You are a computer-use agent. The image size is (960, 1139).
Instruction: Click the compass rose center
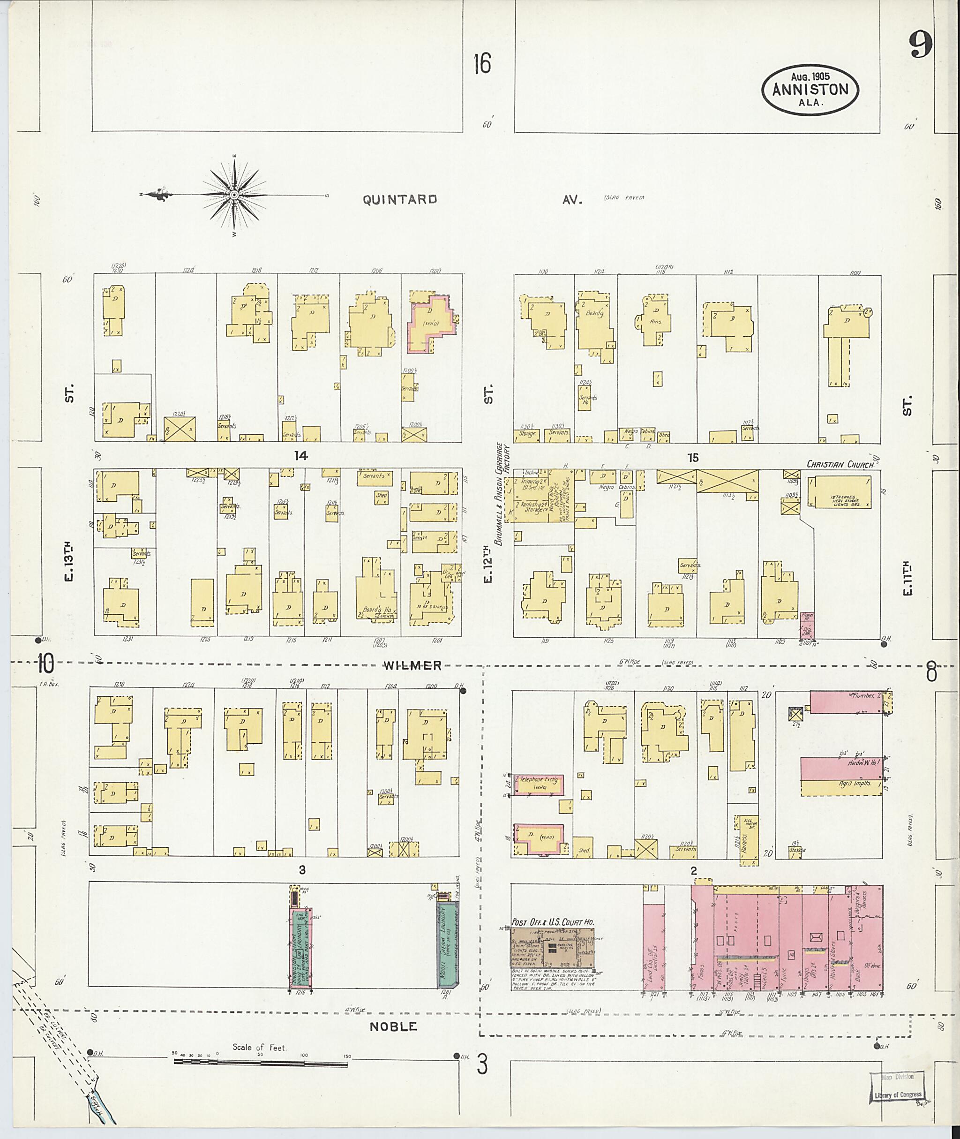coord(234,195)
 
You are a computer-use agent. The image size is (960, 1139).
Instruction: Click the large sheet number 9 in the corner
coord(920,44)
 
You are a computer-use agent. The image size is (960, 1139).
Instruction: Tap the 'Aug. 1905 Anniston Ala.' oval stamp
coord(810,91)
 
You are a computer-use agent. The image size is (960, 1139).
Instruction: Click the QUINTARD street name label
coord(399,199)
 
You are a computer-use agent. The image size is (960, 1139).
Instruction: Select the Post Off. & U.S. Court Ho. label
coord(552,922)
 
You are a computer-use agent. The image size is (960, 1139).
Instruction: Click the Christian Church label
coord(840,464)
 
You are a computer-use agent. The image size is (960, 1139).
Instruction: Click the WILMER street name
coord(412,665)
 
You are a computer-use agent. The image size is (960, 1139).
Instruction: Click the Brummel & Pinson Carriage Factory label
coord(501,493)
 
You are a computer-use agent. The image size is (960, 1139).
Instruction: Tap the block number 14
coord(301,456)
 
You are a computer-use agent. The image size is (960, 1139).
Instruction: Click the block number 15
coord(692,457)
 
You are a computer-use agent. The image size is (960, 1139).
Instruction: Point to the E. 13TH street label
coord(68,561)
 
